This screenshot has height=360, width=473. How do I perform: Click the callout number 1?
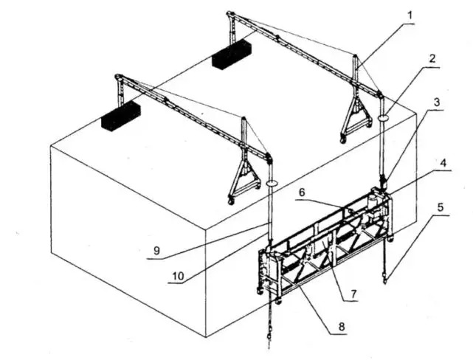(410, 16)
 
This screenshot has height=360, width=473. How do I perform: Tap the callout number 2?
(432, 59)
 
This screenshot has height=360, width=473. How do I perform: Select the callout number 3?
(437, 103)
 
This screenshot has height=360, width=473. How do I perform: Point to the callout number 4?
(443, 163)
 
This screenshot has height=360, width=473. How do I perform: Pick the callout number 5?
(440, 207)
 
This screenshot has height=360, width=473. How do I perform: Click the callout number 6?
(301, 193)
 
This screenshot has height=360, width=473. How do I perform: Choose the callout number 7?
(353, 293)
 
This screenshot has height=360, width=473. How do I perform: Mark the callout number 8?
(342, 326)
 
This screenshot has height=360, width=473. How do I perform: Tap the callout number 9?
(156, 251)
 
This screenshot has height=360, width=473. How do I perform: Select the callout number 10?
(178, 276)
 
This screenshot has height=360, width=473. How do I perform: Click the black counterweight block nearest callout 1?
(232, 55)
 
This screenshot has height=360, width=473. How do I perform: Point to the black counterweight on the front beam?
(121, 116)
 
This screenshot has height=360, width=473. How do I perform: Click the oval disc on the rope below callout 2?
(384, 117)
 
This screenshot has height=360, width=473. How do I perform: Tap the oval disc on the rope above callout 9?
(272, 183)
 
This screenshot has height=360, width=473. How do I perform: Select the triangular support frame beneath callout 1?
(355, 117)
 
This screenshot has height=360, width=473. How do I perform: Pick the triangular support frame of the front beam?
(244, 180)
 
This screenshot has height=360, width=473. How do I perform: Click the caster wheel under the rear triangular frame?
(342, 139)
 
